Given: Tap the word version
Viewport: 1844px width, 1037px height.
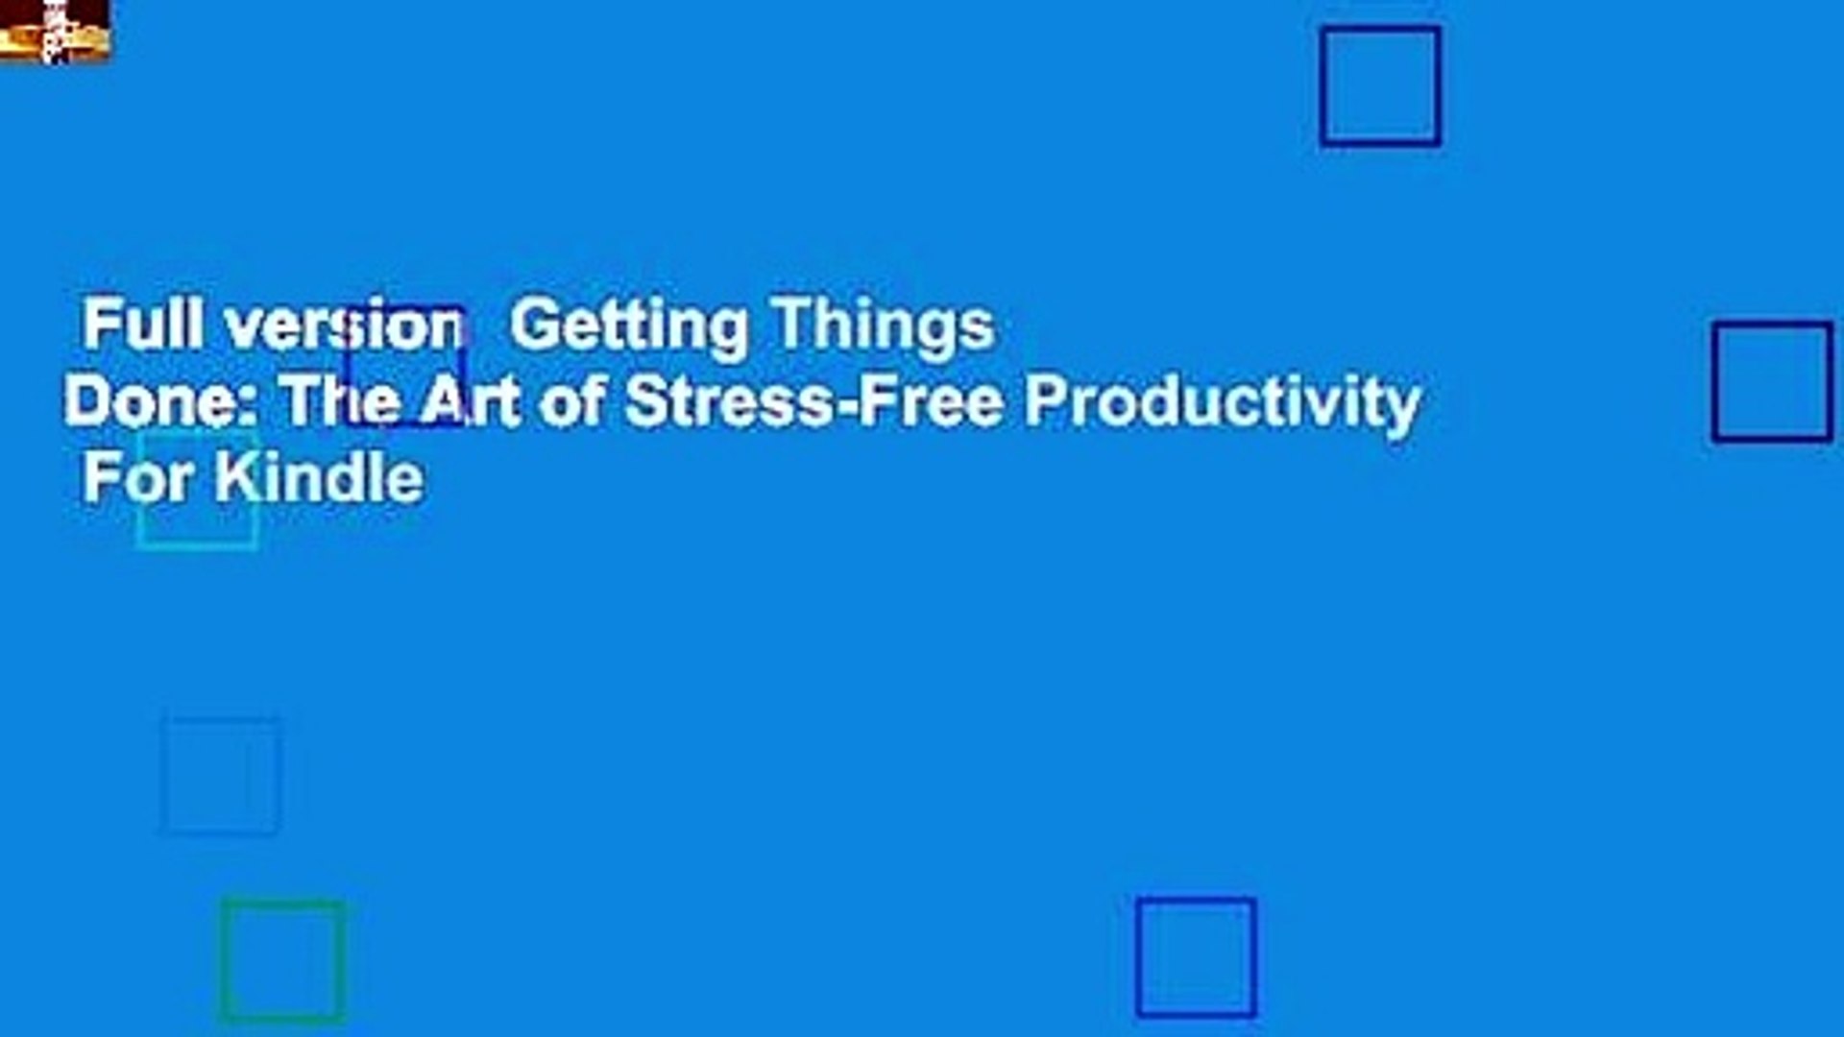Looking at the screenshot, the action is (344, 326).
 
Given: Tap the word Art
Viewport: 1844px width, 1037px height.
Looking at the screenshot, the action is (471, 401).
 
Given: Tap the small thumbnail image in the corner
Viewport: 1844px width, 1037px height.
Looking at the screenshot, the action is (55, 31).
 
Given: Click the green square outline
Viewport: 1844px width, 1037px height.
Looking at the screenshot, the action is (223, 960).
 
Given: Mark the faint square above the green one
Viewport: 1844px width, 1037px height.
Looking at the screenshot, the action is (163, 776).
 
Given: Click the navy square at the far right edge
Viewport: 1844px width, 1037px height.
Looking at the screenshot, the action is (1715, 382).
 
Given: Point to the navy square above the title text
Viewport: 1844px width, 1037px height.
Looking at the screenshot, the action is (1323, 86).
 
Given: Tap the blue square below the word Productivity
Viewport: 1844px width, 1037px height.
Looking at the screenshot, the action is (1138, 957).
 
